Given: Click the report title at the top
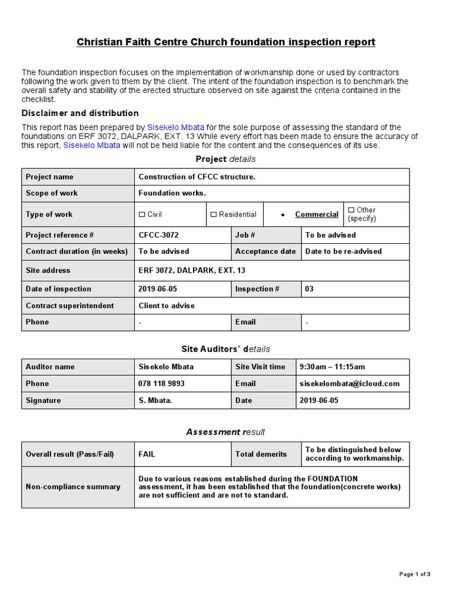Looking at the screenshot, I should pyautogui.click(x=226, y=42).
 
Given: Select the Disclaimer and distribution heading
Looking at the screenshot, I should pyautogui.click(x=80, y=113).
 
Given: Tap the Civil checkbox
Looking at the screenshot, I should pyautogui.click(x=142, y=214).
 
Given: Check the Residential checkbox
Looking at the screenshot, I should pyautogui.click(x=214, y=214).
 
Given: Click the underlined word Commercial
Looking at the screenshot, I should pyautogui.click(x=317, y=214).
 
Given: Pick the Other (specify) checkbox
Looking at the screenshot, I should pyautogui.click(x=351, y=210).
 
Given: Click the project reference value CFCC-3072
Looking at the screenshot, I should pyautogui.click(x=158, y=235).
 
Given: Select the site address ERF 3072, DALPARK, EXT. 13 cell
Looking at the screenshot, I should pyautogui.click(x=192, y=270).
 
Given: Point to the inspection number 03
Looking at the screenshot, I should pyautogui.click(x=310, y=289).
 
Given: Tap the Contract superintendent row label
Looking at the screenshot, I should pyautogui.click(x=70, y=306).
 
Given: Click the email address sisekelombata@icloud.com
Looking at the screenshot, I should pyautogui.click(x=350, y=383).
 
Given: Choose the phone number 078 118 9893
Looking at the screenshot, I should pyautogui.click(x=161, y=383).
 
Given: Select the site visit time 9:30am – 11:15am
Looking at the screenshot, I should pyautogui.click(x=332, y=366).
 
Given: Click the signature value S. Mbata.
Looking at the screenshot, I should pyautogui.click(x=155, y=400).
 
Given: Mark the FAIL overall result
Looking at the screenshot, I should pyautogui.click(x=147, y=454).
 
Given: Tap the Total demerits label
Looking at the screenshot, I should pyautogui.click(x=261, y=454).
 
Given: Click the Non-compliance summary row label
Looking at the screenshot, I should pyautogui.click(x=73, y=487).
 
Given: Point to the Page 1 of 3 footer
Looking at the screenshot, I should pyautogui.click(x=415, y=574).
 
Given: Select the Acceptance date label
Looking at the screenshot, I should pyautogui.click(x=265, y=251).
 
